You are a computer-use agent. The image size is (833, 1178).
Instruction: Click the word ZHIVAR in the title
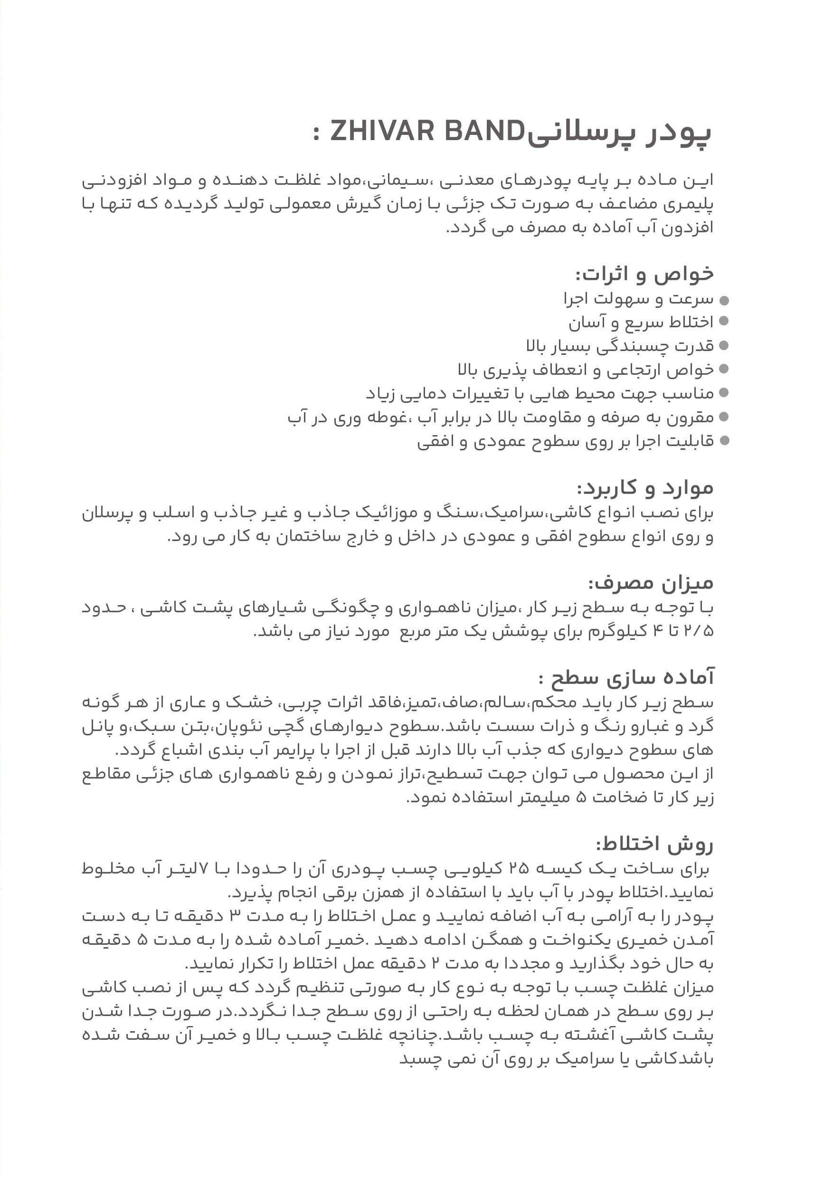(379, 132)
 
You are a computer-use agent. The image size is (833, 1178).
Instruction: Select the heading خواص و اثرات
(644, 275)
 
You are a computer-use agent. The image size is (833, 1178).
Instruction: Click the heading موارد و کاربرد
(645, 487)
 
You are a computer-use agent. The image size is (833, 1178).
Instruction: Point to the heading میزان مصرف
(651, 583)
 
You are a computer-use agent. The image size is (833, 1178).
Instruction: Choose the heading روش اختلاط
(654, 845)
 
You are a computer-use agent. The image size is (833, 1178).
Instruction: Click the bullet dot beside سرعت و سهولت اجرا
(724, 300)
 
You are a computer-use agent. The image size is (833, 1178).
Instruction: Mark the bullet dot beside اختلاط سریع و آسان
(724, 322)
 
